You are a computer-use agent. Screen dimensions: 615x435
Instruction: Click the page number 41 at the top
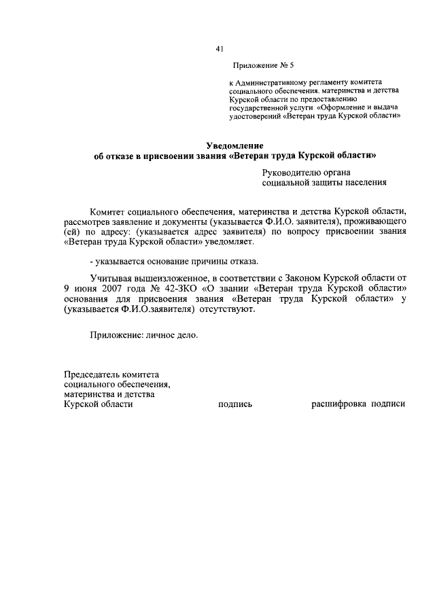point(219,48)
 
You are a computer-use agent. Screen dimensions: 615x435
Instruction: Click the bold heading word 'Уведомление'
point(234,145)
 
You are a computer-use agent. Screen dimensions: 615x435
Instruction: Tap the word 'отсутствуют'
point(227,309)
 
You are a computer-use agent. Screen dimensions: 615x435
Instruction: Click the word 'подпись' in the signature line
point(235,404)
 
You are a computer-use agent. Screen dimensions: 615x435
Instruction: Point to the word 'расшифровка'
point(338,404)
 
